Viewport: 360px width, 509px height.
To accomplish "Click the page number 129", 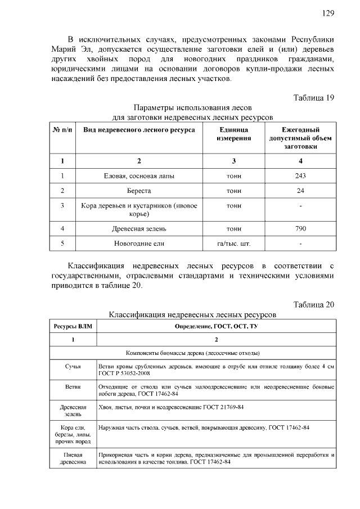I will pyautogui.click(x=328, y=13).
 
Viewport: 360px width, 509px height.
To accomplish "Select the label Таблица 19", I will pyautogui.click(x=314, y=97).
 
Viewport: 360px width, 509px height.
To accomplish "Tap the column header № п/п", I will pyautogui.click(x=62, y=130).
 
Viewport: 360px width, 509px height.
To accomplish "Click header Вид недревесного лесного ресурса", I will pyautogui.click(x=139, y=130).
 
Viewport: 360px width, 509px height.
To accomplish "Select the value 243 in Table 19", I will pyautogui.click(x=300, y=176).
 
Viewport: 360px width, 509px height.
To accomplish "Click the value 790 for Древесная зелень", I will pyautogui.click(x=300, y=229).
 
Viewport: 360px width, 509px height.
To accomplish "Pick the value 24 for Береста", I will pyautogui.click(x=300, y=191).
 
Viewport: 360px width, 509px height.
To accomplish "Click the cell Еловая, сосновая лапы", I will pyautogui.click(x=139, y=176).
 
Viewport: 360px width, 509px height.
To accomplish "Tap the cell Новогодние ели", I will pyautogui.click(x=139, y=244).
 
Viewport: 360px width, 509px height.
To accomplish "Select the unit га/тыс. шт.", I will pyautogui.click(x=233, y=244).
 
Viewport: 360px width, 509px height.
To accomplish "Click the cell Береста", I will pyautogui.click(x=139, y=191).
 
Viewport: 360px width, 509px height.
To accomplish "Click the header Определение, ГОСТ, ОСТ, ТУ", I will pyautogui.click(x=216, y=326).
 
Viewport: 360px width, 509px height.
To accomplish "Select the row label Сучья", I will pyautogui.click(x=73, y=366).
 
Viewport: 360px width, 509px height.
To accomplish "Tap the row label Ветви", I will pyautogui.click(x=73, y=387).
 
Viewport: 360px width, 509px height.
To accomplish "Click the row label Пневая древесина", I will pyautogui.click(x=73, y=458).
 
